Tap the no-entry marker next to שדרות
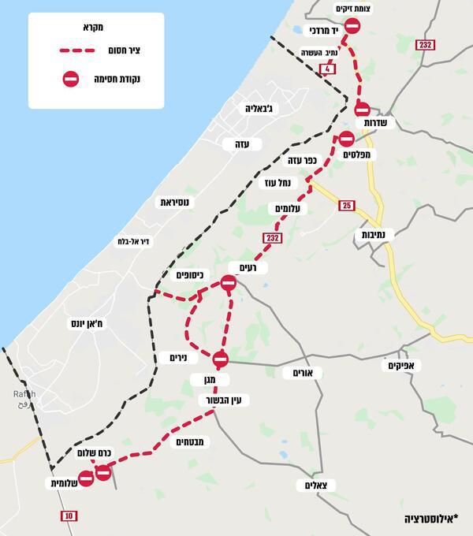[x=363, y=109]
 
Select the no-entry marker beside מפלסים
[x=346, y=139]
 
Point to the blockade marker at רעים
[x=229, y=283]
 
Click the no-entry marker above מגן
[x=220, y=359]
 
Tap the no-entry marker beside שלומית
[x=87, y=478]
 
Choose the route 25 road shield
[x=347, y=206]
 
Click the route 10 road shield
[x=70, y=516]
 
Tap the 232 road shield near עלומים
[x=273, y=237]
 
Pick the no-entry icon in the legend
[x=71, y=78]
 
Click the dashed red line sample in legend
[x=84, y=51]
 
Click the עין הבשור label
[x=224, y=400]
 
